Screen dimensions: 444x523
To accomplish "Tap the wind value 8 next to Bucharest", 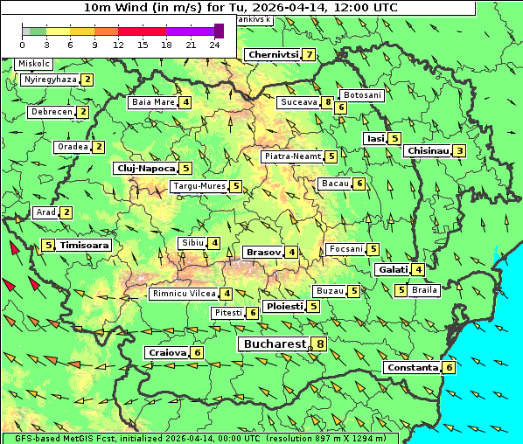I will click(x=321, y=344).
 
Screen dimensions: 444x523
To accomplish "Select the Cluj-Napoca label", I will click(x=145, y=168).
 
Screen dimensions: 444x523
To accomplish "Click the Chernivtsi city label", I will click(x=273, y=54).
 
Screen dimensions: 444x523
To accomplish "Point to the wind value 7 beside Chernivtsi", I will click(x=309, y=55).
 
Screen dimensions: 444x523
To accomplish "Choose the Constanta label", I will click(x=411, y=368).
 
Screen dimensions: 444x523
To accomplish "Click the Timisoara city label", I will click(x=85, y=246).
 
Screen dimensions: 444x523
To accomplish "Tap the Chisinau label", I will click(x=428, y=150).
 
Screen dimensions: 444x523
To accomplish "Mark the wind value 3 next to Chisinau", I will click(x=460, y=151).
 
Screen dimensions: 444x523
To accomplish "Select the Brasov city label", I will click(x=263, y=252).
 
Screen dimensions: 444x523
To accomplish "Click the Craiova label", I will click(x=167, y=352).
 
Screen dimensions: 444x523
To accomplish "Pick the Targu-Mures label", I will click(x=199, y=186).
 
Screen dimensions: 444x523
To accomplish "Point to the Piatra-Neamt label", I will click(x=292, y=156).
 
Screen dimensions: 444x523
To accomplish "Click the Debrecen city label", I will click(x=51, y=112).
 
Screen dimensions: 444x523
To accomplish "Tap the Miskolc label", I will click(x=34, y=64).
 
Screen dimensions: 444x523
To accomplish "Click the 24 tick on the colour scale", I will click(x=214, y=45).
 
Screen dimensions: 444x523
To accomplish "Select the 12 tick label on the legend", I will click(x=118, y=45).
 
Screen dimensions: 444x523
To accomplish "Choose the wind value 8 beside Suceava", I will click(x=327, y=102).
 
